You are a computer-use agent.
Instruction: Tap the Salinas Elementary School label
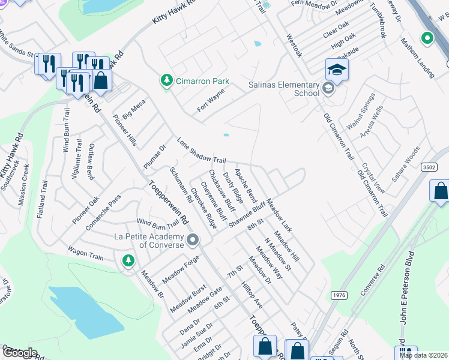tap(284, 89)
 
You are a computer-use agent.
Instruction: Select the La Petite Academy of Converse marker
tap(193, 241)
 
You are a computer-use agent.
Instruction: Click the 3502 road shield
tap(428, 167)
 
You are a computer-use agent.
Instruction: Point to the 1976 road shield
tap(339, 295)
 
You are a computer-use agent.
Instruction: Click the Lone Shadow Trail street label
tap(201, 151)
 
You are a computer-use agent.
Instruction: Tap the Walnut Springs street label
tap(365, 112)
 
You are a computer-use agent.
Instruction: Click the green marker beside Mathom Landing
tap(427, 39)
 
